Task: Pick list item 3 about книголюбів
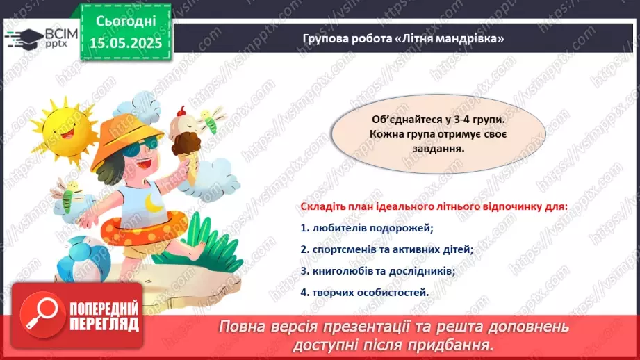[378, 270]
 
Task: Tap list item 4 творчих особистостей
[365, 292]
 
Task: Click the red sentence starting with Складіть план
[433, 206]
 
